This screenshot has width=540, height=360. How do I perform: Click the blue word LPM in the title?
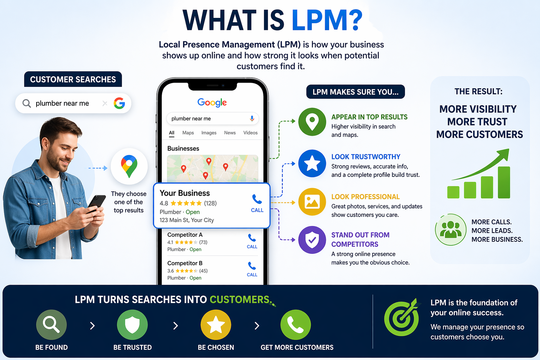coord(320,20)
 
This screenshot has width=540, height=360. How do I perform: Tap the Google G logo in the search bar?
coord(119,103)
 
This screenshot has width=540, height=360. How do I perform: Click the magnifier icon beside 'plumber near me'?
coord(27,103)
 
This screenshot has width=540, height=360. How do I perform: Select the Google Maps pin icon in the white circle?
coord(129,166)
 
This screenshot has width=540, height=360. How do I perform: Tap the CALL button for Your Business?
coord(257,203)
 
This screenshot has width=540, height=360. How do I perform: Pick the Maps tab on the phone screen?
coord(188,133)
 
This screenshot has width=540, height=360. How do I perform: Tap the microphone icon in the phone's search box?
coord(252,118)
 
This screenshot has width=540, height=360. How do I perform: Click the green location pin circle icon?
coord(312,122)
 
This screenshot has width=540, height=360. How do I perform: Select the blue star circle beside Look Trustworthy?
coord(312,163)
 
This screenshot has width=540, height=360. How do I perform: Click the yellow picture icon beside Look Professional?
coord(312,202)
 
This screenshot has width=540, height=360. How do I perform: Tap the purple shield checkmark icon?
coord(312,240)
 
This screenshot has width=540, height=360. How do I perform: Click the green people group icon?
coord(451,230)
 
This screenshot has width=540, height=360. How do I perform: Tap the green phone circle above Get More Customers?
coord(296,325)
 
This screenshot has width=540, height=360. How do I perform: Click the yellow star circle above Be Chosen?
coord(216,325)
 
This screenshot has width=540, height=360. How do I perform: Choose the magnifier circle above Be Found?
coord(51,325)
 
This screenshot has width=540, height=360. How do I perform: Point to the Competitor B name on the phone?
coord(185,263)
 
